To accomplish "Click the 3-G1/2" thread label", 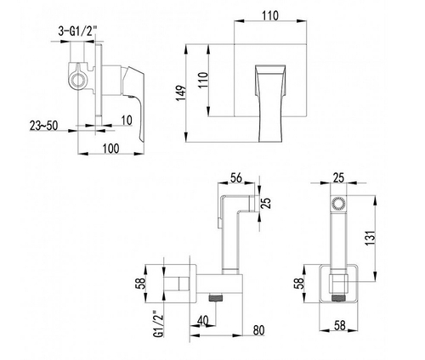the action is pyautogui.click(x=77, y=31).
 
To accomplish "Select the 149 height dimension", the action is pyautogui.click(x=180, y=93).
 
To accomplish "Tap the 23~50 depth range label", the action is pyautogui.click(x=43, y=126).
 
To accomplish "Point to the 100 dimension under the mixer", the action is pyautogui.click(x=110, y=149).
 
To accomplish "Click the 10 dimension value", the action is pyautogui.click(x=127, y=121).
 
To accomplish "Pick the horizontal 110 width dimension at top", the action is pyautogui.click(x=270, y=15).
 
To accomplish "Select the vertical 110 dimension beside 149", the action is pyautogui.click(x=203, y=81).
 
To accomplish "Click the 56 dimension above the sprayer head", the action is pyautogui.click(x=236, y=177).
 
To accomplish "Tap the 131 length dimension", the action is pyautogui.click(x=370, y=238).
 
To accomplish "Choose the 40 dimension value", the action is pyautogui.click(x=202, y=321).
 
